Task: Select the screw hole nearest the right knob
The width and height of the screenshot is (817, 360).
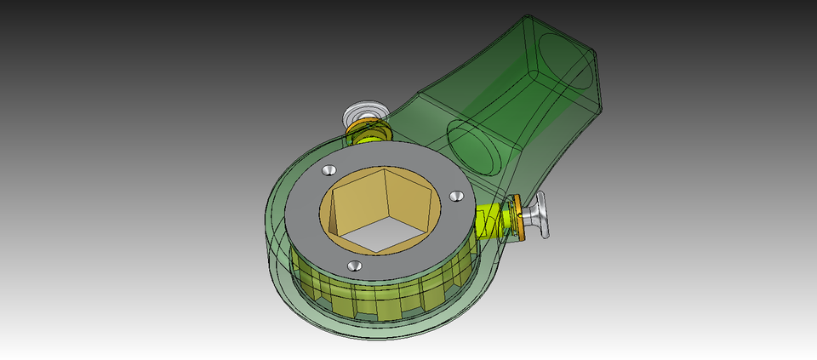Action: point(456,196)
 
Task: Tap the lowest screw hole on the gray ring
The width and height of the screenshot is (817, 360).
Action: point(356,266)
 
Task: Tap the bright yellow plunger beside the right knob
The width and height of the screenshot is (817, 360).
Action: point(492,220)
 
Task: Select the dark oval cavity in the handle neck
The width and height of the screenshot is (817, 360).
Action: point(473,145)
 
